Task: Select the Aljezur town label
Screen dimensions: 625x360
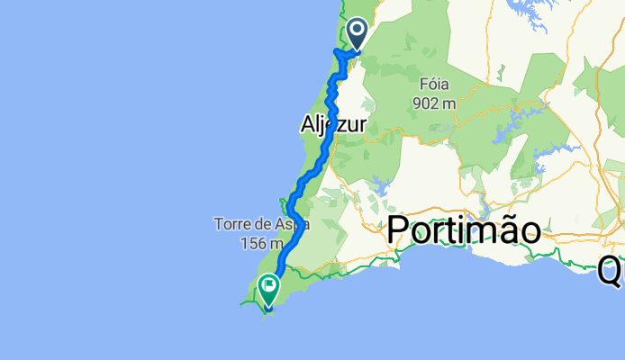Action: point(331,127)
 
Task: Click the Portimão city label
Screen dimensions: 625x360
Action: point(464,231)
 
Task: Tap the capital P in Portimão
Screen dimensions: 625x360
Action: point(396,231)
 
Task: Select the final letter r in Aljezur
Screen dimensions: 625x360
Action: point(361,127)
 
